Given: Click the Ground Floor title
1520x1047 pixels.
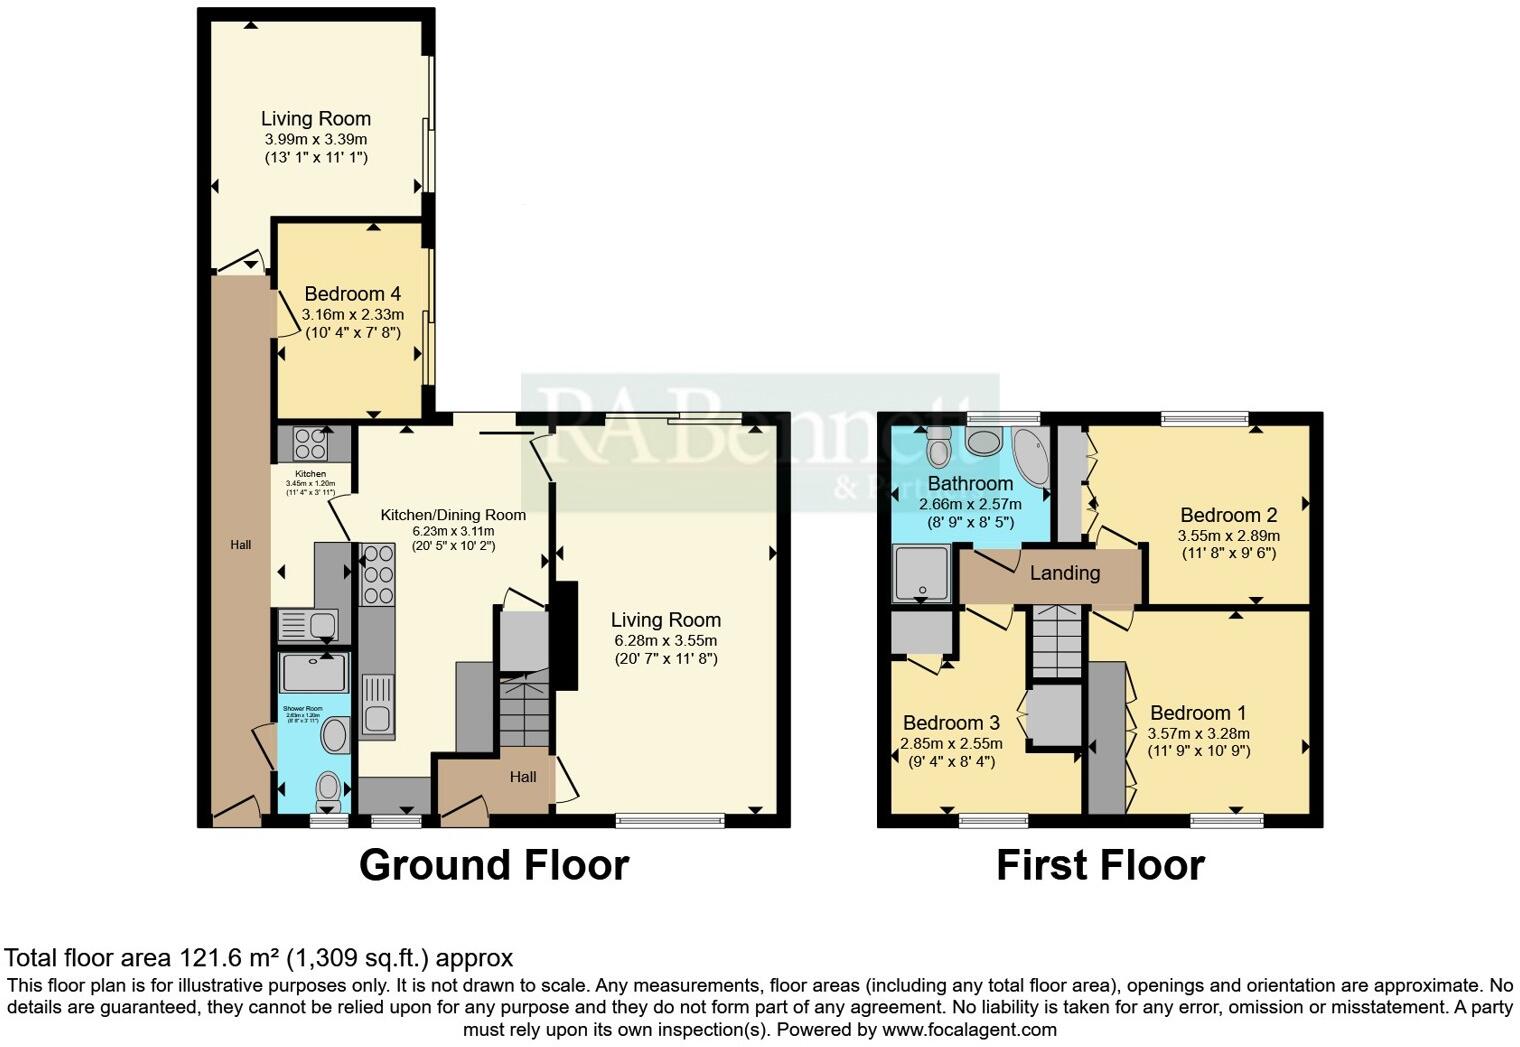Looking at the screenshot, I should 494,865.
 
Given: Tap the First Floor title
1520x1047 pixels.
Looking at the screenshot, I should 1100,865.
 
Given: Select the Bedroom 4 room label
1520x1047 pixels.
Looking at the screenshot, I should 352,294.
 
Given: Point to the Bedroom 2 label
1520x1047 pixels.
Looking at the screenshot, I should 1228,516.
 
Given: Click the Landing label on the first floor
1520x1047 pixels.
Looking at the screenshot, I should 1065,573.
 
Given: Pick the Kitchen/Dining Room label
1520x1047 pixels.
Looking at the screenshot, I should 453,515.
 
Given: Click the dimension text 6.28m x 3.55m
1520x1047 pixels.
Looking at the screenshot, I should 665,640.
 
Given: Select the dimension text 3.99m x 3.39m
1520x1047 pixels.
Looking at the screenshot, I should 315,139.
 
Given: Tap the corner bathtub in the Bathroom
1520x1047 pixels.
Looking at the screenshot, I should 1030,456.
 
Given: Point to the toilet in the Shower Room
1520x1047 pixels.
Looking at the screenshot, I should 327,792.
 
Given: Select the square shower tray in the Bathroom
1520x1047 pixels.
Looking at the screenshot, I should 920,574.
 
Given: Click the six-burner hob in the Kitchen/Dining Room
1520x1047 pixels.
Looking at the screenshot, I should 377,575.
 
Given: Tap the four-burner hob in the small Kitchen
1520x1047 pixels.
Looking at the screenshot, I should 311,443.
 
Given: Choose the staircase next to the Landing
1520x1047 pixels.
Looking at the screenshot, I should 1057,641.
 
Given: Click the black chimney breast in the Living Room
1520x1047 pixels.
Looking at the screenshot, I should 565,636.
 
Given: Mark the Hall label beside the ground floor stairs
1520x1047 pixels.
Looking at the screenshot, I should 523,777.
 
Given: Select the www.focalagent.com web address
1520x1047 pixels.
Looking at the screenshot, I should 969,1029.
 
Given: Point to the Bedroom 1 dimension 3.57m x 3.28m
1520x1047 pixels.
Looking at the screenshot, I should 1198,733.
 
